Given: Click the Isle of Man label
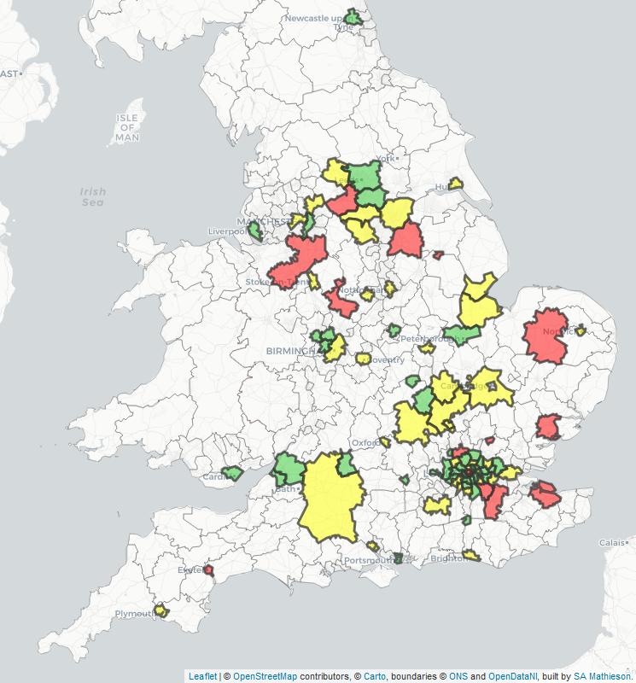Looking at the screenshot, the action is (127, 127).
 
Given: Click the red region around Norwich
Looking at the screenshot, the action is (544, 336).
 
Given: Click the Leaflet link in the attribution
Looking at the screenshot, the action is (202, 676).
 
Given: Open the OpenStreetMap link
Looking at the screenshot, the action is (265, 676).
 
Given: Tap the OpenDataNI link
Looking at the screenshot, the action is (513, 676).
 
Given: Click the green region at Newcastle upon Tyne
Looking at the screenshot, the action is (353, 17).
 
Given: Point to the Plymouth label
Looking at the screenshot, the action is (134, 614).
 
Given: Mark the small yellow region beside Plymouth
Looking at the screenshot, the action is (160, 611).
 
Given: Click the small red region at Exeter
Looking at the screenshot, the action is (208, 569).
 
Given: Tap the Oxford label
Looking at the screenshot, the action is (364, 443).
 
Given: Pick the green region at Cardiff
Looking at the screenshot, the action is (232, 472).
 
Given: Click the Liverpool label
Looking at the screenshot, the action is (227, 231).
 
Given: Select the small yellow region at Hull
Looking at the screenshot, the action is (456, 183).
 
